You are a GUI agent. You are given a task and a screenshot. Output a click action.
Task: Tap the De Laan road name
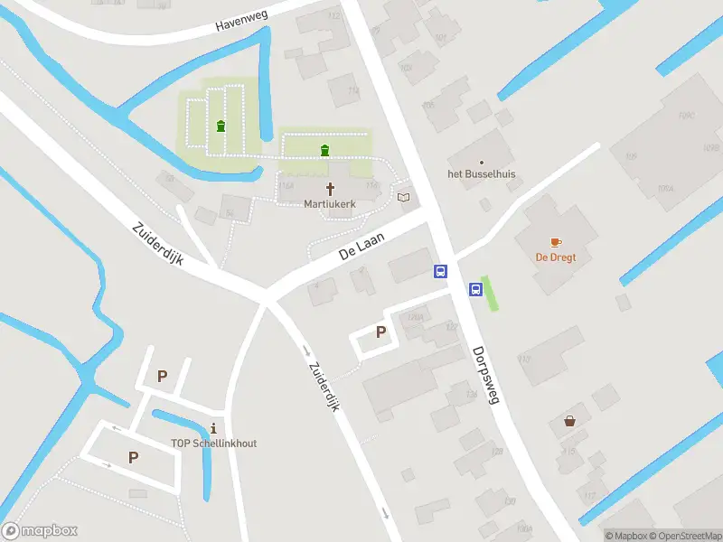click(361, 247)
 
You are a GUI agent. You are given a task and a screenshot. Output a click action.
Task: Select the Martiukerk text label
click(330, 204)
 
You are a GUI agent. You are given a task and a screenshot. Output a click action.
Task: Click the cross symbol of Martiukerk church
click(330, 189)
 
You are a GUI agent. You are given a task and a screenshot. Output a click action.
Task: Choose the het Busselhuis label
click(482, 174)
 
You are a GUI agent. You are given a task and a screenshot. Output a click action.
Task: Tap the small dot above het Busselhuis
click(482, 163)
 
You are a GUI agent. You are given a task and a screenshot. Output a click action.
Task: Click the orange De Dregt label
click(556, 257)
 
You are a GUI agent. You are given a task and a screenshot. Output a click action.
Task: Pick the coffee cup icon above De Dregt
click(556, 242)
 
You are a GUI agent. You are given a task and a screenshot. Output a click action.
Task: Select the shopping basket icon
click(570, 420)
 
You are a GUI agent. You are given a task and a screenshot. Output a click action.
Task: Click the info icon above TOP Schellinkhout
click(213, 427)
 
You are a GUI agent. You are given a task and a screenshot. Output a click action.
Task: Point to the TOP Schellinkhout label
click(213, 443)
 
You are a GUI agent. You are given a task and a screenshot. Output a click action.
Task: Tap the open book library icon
click(403, 196)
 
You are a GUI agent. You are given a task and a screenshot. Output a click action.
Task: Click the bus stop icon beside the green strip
click(475, 289)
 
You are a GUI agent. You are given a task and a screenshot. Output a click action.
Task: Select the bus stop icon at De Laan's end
click(441, 271)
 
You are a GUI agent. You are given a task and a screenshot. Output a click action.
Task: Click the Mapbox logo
click(40, 531)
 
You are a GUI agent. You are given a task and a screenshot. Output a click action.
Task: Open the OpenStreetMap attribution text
click(683, 536)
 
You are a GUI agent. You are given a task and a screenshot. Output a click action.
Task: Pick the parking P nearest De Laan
click(380, 332)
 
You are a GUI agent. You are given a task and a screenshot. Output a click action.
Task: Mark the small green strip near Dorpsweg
click(491, 293)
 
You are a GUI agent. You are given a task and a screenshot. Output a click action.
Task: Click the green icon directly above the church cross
click(324, 150)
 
